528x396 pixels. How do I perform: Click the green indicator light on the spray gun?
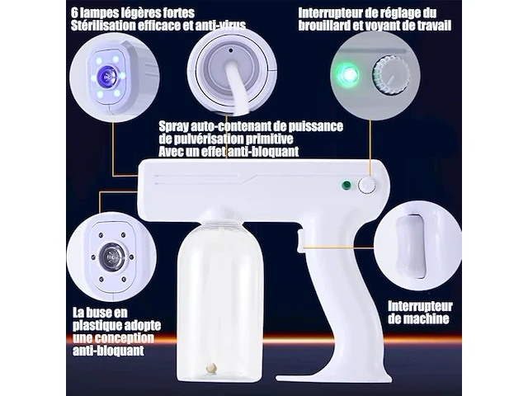pyautogui.click(x=346, y=186)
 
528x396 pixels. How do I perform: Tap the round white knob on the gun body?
pyautogui.click(x=366, y=186)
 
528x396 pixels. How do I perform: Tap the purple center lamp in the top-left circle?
pyautogui.click(x=107, y=76)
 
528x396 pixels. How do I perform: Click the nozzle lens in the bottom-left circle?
pyautogui.click(x=111, y=257)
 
